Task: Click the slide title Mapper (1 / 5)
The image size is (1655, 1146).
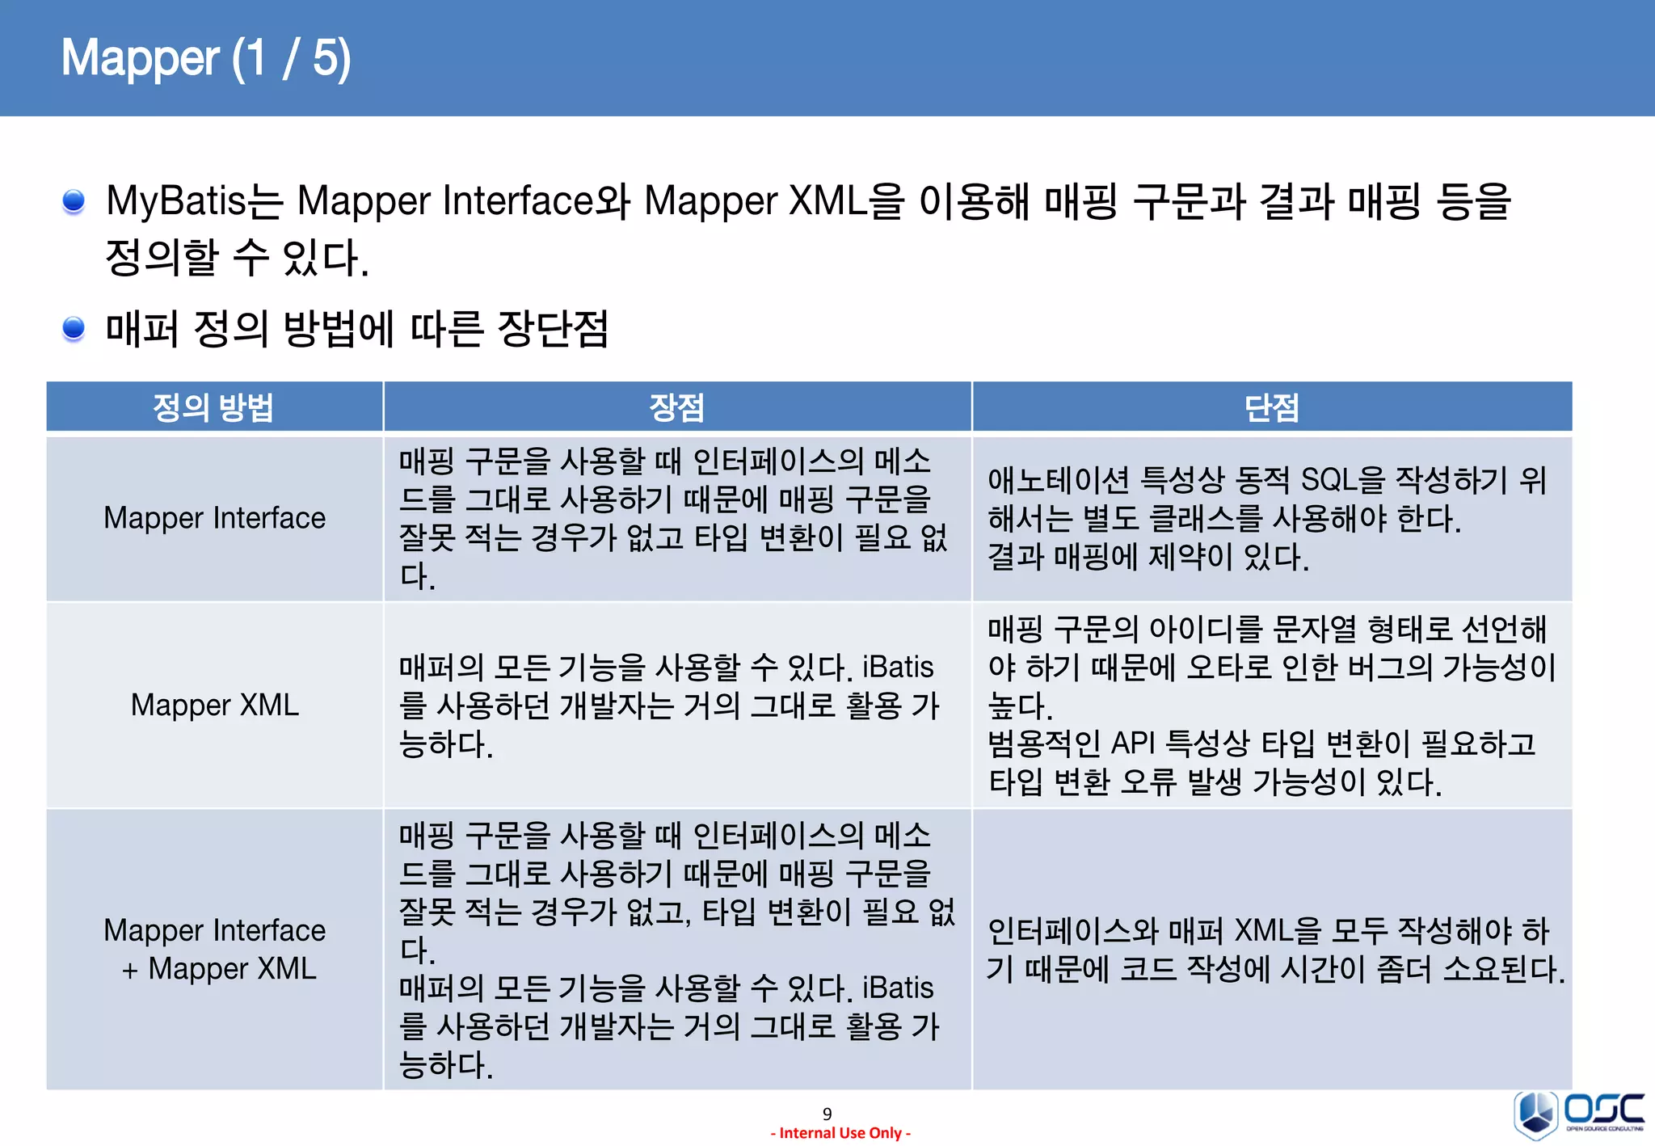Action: (206, 58)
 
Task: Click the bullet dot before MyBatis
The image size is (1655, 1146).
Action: (74, 200)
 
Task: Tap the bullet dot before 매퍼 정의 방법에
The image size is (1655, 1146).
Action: (74, 328)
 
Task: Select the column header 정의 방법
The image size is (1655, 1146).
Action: (213, 407)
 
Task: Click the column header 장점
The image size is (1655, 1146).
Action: (676, 407)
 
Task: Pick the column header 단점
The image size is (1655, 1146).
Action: (1271, 407)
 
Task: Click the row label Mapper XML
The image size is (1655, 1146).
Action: (214, 706)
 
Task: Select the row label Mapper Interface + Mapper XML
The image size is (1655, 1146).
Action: (214, 950)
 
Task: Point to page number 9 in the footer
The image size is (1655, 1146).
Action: (827, 1114)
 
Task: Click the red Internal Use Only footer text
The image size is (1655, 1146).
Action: (840, 1133)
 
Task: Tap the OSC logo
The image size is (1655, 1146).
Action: (1579, 1114)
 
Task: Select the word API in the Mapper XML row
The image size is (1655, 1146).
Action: (1133, 744)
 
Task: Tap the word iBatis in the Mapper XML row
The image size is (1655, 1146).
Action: (898, 668)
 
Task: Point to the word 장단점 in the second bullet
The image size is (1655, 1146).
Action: (553, 329)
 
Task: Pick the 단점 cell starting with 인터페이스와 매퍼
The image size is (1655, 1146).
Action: (1273, 950)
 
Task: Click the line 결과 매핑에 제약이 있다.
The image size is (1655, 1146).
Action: (1148, 558)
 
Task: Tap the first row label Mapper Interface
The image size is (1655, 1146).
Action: (214, 518)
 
